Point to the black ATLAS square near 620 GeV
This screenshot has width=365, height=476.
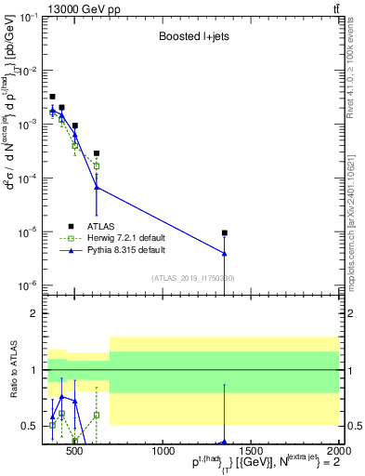(97, 153)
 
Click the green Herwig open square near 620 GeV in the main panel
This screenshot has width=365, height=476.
(97, 165)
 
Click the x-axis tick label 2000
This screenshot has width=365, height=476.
(337, 453)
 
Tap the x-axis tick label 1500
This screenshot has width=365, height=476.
(250, 453)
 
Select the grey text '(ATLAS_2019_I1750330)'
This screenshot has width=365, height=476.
(192, 277)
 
